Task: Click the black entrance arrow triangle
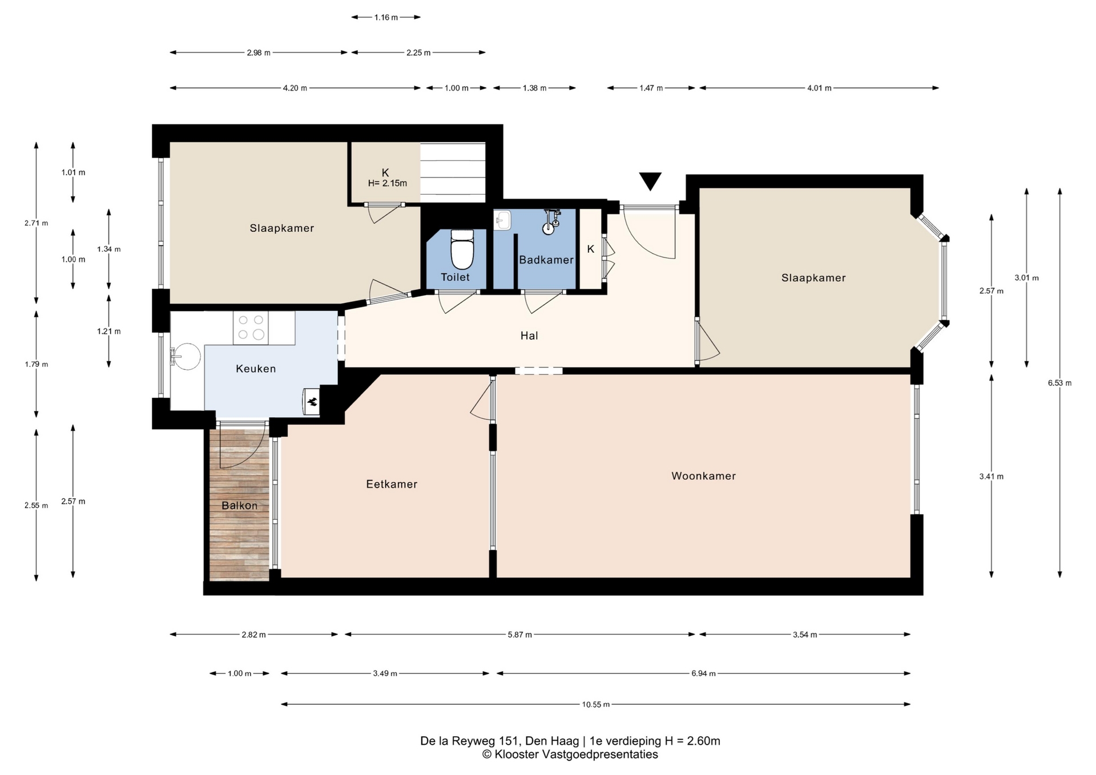[650, 181]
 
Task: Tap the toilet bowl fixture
[462, 249]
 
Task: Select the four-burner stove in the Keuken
[251, 328]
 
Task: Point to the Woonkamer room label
[703, 476]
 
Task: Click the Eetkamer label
[392, 484]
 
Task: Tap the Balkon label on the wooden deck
[240, 506]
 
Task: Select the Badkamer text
[546, 260]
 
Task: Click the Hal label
[529, 336]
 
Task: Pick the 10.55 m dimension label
[596, 704]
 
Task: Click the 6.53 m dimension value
[1059, 383]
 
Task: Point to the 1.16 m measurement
[386, 17]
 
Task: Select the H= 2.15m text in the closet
[388, 183]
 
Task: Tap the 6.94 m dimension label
[703, 673]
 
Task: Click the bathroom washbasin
[502, 220]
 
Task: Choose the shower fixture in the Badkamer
[550, 221]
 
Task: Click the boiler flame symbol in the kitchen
[312, 401]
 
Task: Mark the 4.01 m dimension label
[819, 88]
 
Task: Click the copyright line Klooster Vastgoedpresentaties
[570, 754]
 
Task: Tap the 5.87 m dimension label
[519, 635]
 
